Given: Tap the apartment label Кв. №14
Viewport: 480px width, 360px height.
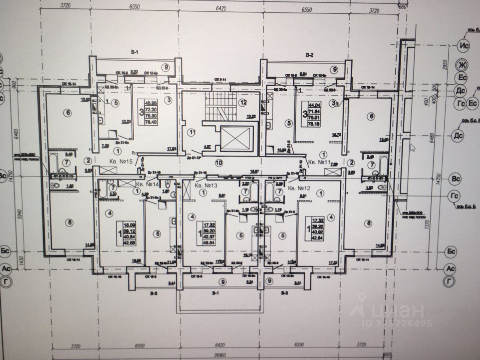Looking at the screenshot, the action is pos(145,184).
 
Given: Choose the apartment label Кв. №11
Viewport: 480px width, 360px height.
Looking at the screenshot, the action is pos(318,163).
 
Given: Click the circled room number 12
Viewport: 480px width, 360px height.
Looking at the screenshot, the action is pos(243,102).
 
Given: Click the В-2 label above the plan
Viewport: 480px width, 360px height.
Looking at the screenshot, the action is pos(309,55).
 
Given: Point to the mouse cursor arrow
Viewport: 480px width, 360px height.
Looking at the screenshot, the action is pos(414,147).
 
